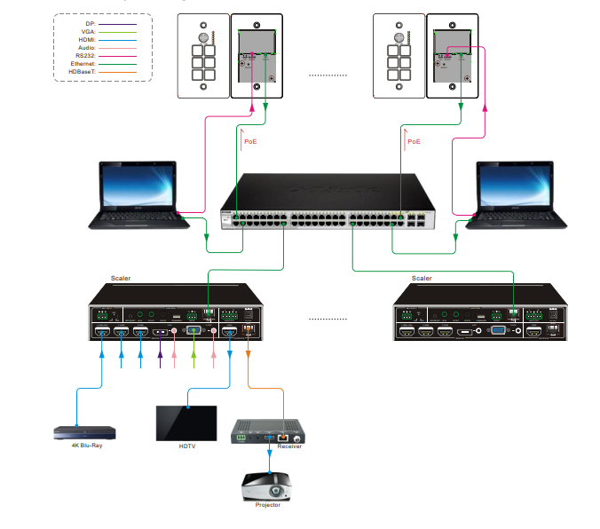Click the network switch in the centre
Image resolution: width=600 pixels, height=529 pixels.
tap(328, 206)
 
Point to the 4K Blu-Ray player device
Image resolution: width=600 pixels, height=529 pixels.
tap(85, 432)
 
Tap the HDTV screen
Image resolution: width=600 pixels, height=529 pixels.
tap(186, 422)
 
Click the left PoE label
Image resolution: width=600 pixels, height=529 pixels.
tap(250, 141)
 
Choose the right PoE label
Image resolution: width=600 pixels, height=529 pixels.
tap(414, 141)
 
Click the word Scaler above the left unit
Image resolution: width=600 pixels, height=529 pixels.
tap(121, 278)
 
